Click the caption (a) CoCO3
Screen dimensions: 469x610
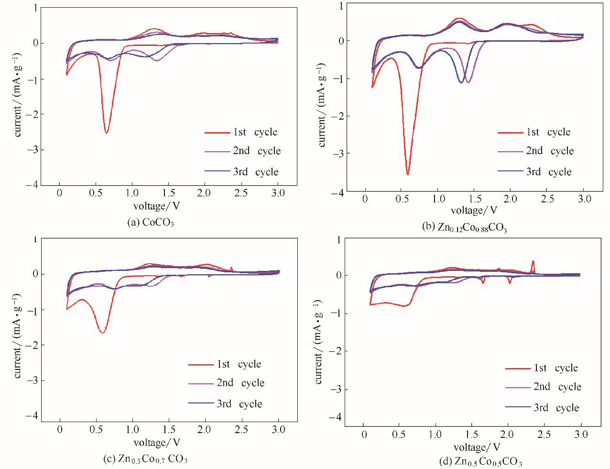point(150,223)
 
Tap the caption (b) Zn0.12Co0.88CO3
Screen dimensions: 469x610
point(464,227)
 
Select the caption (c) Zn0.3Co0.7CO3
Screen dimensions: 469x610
point(145,459)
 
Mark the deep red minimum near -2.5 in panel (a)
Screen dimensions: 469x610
point(106,132)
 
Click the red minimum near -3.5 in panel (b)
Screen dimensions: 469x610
point(408,174)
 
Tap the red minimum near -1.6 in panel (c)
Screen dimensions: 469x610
point(103,332)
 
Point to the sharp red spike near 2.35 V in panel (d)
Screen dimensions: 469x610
point(533,261)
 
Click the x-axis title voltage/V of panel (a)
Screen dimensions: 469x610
point(156,206)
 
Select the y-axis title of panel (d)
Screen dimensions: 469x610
point(318,342)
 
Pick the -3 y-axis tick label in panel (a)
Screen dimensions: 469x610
point(32,150)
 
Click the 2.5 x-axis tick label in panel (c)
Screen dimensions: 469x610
point(241,429)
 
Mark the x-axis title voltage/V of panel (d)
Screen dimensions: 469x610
point(477,447)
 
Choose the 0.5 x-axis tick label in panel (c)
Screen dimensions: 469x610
point(96,429)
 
